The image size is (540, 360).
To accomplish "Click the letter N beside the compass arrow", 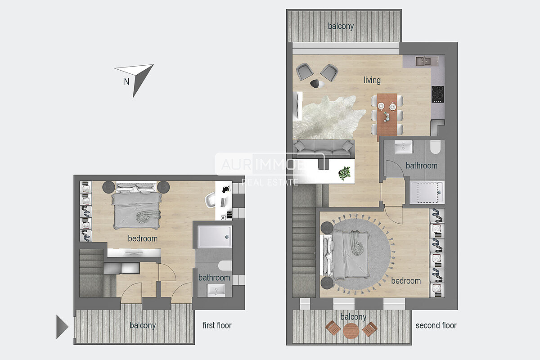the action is click(x=126, y=82).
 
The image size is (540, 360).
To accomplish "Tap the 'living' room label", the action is click(x=372, y=80).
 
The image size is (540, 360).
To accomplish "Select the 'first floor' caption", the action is click(x=217, y=325).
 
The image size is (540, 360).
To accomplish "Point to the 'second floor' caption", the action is click(x=436, y=325).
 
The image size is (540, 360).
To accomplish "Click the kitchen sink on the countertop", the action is click(x=423, y=61).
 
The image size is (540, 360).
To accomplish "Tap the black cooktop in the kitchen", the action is click(x=437, y=94).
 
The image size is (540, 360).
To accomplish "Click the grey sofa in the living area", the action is click(x=324, y=149).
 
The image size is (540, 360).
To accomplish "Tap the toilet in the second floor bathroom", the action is click(x=436, y=147).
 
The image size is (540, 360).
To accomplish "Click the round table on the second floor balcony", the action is click(x=351, y=331).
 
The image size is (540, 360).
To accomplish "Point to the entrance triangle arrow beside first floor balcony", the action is click(x=63, y=327).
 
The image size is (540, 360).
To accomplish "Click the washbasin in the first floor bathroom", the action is click(x=216, y=291).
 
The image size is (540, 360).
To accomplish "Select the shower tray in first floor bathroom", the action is click(x=215, y=237).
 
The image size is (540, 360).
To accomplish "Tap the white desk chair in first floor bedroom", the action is click(x=210, y=200).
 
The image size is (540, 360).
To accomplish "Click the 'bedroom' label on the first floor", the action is click(x=143, y=238).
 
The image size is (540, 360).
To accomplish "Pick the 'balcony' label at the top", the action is click(x=341, y=26).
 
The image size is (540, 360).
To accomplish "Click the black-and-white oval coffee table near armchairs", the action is click(x=317, y=84).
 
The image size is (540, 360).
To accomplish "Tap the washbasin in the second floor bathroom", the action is click(x=403, y=147).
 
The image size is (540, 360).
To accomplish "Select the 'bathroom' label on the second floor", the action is click(x=422, y=166).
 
